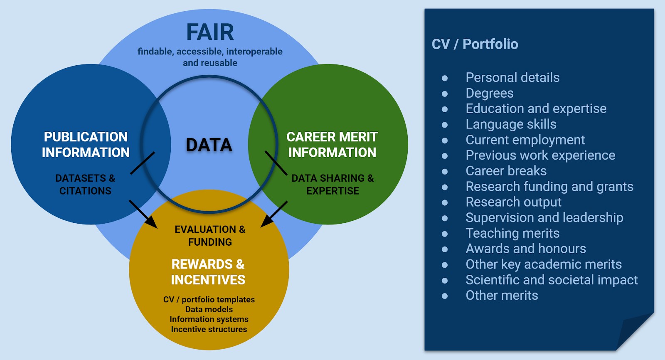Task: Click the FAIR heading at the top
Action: coord(210,32)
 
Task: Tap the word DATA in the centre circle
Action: coord(209,145)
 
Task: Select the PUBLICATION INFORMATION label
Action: coord(86,145)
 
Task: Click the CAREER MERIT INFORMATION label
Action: coord(332,145)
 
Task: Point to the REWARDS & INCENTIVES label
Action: coord(208,272)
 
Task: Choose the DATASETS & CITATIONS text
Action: coord(85,185)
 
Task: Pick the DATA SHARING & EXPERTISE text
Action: coord(332,185)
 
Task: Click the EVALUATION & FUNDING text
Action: coord(210,236)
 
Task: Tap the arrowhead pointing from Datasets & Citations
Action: coord(151,222)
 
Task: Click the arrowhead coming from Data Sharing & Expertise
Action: coord(266,222)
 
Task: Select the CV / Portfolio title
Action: coord(475,44)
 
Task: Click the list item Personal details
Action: coord(512,77)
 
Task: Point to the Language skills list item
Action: coord(511,124)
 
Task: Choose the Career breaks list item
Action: coord(506,171)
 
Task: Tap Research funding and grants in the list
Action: coord(549,187)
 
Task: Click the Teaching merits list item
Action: coord(512,233)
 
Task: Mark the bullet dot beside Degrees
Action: coord(445,94)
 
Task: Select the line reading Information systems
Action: coord(209,319)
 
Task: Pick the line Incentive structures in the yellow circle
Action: coord(209,329)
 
